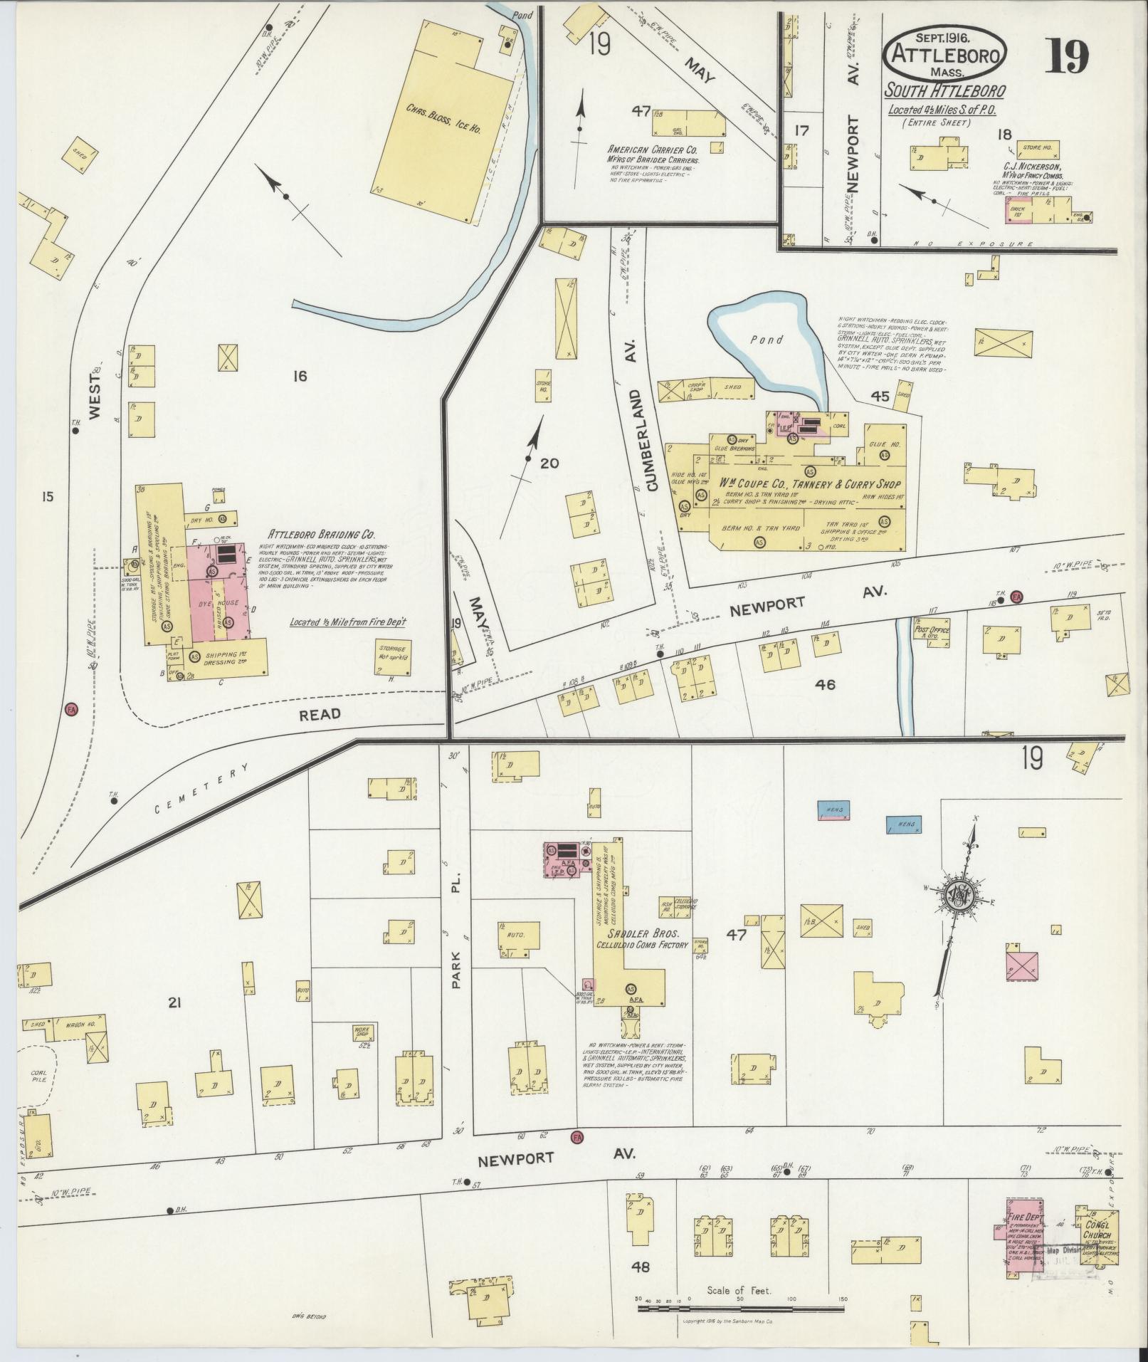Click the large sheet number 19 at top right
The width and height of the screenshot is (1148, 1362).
click(1067, 57)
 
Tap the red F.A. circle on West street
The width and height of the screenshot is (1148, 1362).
click(70, 709)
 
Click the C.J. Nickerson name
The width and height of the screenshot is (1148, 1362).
click(1033, 167)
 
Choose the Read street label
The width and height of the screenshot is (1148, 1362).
click(320, 713)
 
